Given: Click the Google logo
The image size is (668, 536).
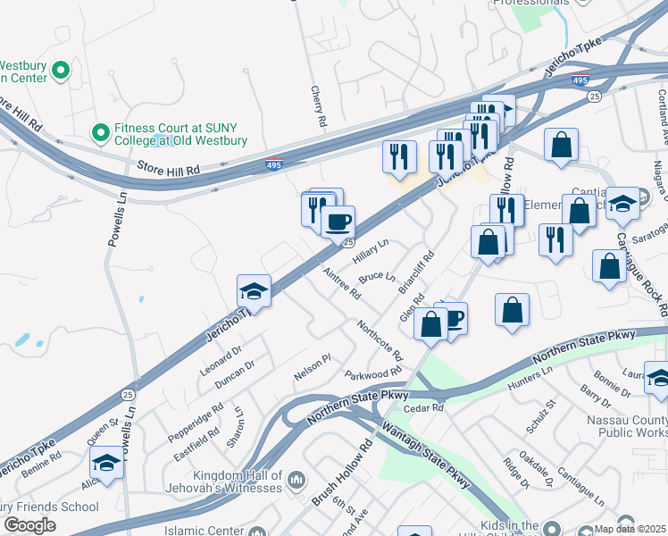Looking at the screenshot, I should pos(29,525).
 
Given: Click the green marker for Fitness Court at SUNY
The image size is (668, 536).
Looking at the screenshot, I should pos(100,132).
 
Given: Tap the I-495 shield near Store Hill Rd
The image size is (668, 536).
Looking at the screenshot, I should pos(275,164).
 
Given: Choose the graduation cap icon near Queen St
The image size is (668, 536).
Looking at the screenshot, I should pos(106,463).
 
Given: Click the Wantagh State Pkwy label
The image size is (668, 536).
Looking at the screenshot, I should pos(426,455).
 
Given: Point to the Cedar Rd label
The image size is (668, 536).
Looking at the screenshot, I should pos(423,407).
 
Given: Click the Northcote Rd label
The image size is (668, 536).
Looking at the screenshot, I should pos(380,340).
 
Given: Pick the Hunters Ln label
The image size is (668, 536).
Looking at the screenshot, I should pos(530,377).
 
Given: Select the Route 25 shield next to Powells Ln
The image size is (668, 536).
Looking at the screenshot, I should pos(128,394).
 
